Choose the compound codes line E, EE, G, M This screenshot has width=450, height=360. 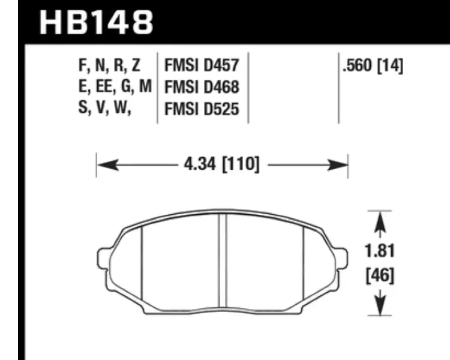point(115,87)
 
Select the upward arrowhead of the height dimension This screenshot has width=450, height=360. point(379,221)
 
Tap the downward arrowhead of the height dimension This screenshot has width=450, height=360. point(379,306)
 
